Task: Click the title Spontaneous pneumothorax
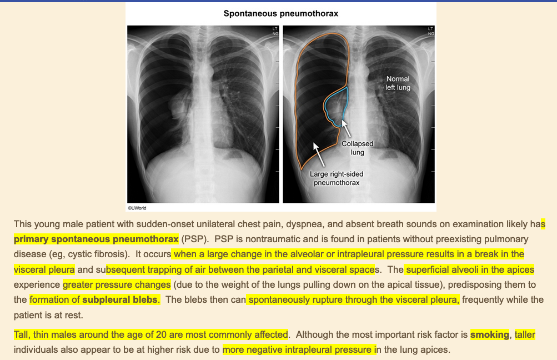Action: (280, 13)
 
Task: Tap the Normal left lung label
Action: (398, 83)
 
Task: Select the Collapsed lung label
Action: (357, 148)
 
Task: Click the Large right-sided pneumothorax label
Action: (337, 178)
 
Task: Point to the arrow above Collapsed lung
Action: (347, 129)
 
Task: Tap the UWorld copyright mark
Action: (137, 208)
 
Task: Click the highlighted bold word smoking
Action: (489, 335)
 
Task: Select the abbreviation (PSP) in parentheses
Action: (195, 239)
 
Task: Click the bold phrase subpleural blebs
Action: (120, 300)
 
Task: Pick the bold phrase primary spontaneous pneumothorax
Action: (96, 239)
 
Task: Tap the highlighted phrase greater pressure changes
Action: (117, 285)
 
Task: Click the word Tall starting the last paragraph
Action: (22, 335)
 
